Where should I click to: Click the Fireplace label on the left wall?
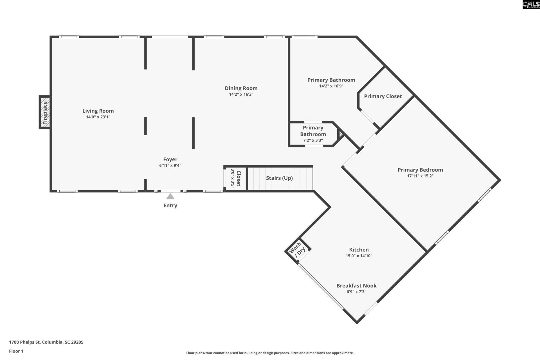tap(45, 113)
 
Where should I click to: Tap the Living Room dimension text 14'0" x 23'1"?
tap(98, 117)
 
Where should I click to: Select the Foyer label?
tap(170, 159)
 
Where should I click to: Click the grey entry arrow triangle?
tap(170, 196)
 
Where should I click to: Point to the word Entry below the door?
tap(170, 206)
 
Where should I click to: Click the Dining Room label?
tap(241, 88)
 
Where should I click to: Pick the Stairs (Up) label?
tap(279, 178)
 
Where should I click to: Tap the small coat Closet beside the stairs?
tap(235, 178)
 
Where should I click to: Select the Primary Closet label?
tap(383, 96)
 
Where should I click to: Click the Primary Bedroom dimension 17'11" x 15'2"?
tap(420, 176)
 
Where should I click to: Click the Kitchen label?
tap(359, 250)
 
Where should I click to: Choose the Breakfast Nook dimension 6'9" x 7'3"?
tap(356, 292)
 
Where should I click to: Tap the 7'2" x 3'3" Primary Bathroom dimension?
tap(313, 140)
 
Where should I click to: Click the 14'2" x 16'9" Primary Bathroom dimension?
tap(331, 86)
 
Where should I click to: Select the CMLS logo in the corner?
tap(531, 4)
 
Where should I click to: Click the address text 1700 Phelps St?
tap(25, 342)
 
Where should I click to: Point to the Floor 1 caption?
tap(16, 351)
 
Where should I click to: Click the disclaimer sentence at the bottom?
tap(270, 353)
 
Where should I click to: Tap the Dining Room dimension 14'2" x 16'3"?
tap(241, 94)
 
